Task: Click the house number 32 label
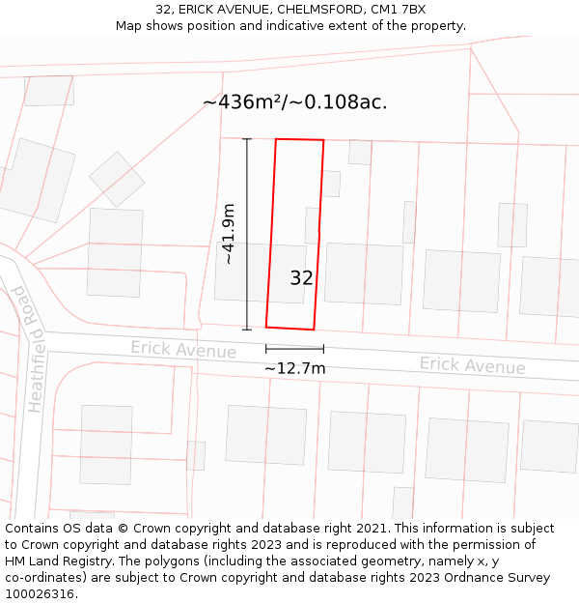coord(301,278)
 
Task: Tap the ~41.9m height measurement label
coord(229,233)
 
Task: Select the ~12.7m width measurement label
coord(294,368)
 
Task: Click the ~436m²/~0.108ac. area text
coord(295,102)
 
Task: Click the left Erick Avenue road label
coord(183,349)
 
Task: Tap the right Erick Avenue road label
coord(472,365)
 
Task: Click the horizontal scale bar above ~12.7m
coord(294,348)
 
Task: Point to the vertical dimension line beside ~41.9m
coord(247,233)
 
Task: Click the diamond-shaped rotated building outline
coord(117,179)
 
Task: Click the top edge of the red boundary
coord(299,140)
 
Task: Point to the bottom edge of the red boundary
coord(289,328)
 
